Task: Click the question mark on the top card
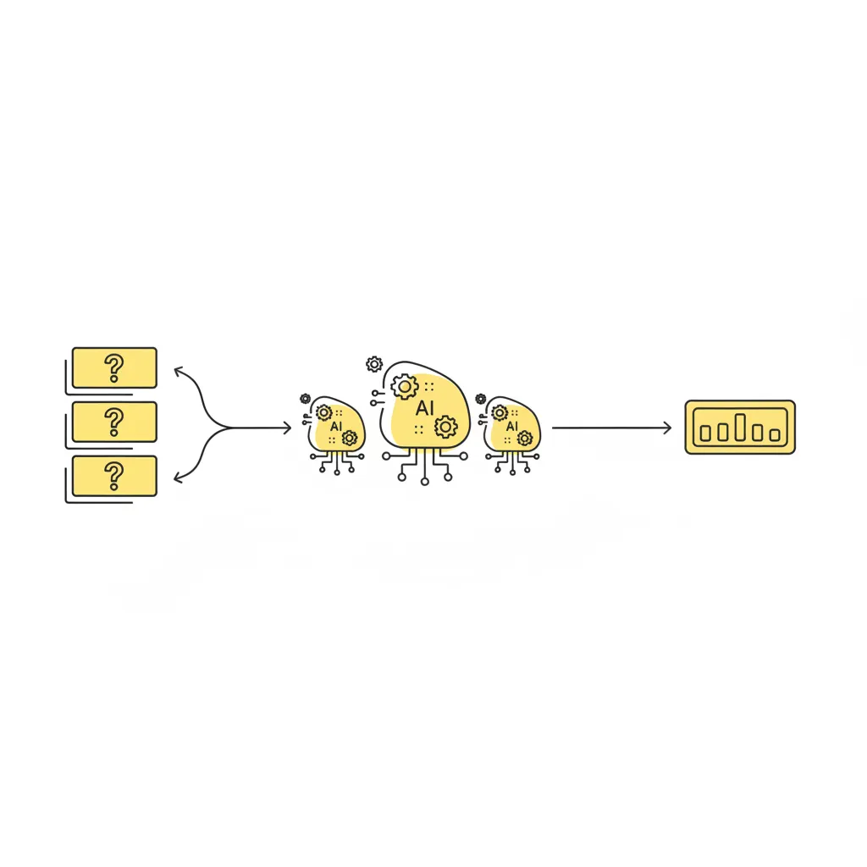(114, 368)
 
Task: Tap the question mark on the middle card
(114, 422)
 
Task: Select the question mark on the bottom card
(114, 476)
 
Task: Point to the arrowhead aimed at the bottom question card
(178, 478)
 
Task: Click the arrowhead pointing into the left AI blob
(287, 428)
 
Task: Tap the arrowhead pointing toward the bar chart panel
(667, 428)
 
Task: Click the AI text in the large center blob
(425, 409)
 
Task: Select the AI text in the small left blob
(336, 427)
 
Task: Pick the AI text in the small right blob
(512, 427)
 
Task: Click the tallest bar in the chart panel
(740, 427)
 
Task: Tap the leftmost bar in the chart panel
(705, 433)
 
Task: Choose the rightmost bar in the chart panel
(776, 435)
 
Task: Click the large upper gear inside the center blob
(405, 387)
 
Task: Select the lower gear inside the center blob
(445, 428)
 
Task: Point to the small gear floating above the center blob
(374, 364)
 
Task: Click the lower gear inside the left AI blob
(350, 439)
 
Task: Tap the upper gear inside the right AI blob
(500, 412)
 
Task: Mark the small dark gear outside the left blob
(305, 399)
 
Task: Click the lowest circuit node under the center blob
(425, 482)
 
